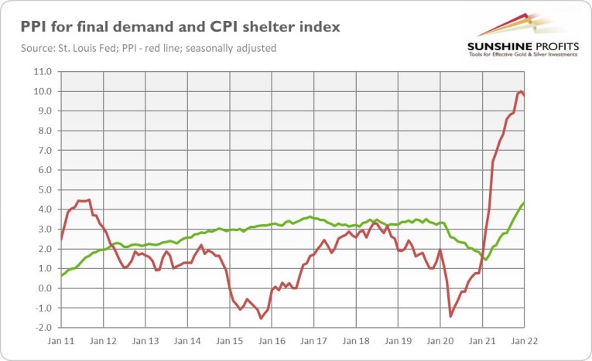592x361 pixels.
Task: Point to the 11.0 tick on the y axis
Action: pos(43,72)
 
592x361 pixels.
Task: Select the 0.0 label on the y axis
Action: pos(45,288)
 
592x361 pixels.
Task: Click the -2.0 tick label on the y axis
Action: pos(43,328)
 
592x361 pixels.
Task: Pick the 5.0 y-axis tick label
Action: pos(45,190)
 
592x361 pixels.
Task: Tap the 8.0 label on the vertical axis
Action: pos(45,131)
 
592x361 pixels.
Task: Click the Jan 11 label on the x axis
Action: pos(60,341)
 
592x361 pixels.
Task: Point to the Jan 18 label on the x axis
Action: pos(355,341)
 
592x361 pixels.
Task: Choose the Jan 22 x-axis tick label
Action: pos(524,341)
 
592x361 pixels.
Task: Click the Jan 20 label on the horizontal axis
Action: pos(440,341)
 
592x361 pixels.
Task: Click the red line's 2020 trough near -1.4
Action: pos(450,316)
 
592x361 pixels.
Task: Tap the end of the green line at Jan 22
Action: pos(524,203)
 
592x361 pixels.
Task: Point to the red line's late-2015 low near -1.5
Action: pos(261,318)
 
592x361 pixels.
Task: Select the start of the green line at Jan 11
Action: pos(61,275)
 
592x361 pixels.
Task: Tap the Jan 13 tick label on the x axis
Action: pos(145,341)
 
